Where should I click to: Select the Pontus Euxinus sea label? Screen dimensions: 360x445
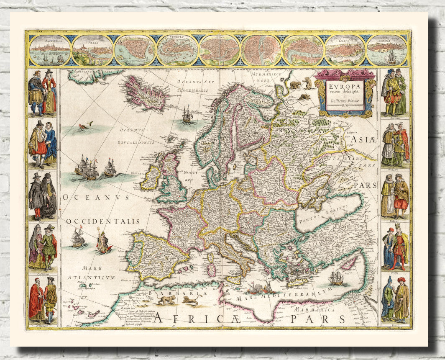pyautogui.click(x=324, y=219)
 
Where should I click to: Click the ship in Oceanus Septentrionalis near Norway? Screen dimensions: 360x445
pyautogui.click(x=187, y=114)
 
